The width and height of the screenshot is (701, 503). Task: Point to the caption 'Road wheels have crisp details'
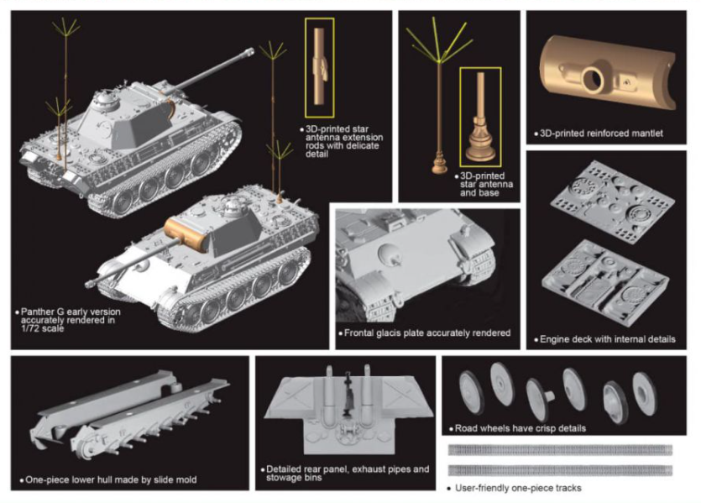tap(517, 428)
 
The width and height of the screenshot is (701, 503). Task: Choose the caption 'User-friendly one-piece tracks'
tap(518, 488)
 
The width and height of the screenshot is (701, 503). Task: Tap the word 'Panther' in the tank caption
tap(39, 311)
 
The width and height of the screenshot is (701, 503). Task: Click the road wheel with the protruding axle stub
tap(538, 392)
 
